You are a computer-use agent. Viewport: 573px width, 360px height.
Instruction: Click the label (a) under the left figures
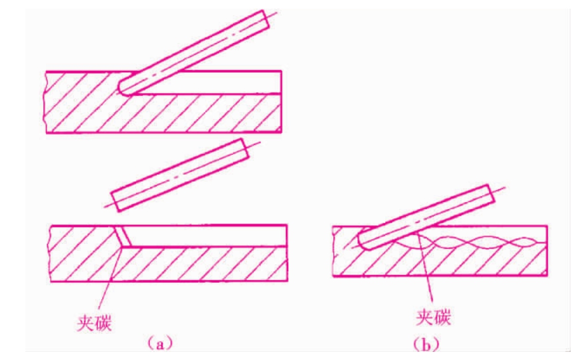pyautogui.click(x=160, y=343)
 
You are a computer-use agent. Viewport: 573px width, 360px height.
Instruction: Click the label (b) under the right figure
pyautogui.click(x=426, y=344)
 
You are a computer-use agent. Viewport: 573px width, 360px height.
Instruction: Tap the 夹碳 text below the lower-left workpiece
pyautogui.click(x=94, y=322)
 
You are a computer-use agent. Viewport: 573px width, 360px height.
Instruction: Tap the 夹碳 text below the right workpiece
pyautogui.click(x=433, y=317)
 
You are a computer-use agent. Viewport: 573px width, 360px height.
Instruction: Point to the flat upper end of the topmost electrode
pyautogui.click(x=266, y=20)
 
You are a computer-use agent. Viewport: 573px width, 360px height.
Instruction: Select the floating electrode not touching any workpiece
pyautogui.click(x=180, y=175)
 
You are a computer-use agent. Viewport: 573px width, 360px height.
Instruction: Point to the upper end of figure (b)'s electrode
pyautogui.click(x=492, y=194)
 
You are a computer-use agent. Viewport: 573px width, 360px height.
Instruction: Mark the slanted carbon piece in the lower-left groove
pyautogui.click(x=122, y=236)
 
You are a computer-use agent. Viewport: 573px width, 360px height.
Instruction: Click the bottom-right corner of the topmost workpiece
pyautogui.click(x=281, y=132)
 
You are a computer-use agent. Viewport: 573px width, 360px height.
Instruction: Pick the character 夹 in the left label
pyautogui.click(x=85, y=322)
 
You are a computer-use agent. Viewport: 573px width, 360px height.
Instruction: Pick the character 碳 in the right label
pyautogui.click(x=442, y=317)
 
